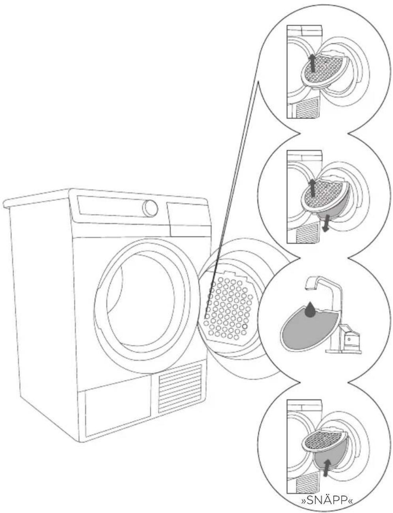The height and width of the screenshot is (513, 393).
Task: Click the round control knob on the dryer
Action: pyautogui.click(x=150, y=208)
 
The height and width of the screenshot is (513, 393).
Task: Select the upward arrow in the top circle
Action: pyautogui.click(x=312, y=62)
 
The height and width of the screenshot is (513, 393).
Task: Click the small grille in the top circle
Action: pyautogui.click(x=306, y=107)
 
